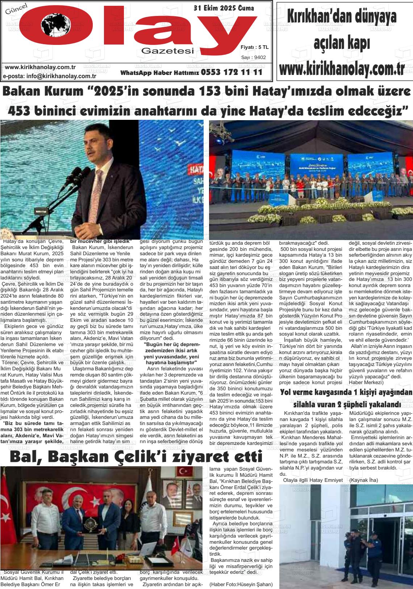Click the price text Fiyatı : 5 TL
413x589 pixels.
point(254,47)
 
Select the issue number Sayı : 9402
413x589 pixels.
point(254,57)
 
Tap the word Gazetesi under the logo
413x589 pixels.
point(168,51)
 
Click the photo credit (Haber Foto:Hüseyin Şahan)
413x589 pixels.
point(241,584)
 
